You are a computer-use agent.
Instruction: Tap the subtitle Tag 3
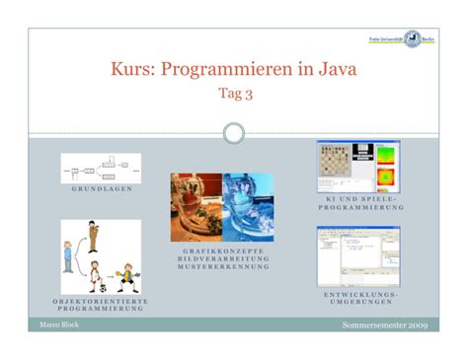point(233,95)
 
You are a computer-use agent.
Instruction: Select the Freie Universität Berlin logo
point(408,38)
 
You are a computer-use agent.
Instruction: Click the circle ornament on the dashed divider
point(234,133)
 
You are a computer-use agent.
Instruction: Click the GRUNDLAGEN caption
point(101,187)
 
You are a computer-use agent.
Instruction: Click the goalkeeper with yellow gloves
point(125,276)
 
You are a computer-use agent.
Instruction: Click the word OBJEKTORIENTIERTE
point(100,300)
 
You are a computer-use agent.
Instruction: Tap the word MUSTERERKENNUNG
point(221,266)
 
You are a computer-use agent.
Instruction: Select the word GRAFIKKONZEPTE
point(221,251)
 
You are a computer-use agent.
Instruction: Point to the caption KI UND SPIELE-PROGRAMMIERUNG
point(356,204)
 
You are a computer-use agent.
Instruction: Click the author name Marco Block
point(58,324)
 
